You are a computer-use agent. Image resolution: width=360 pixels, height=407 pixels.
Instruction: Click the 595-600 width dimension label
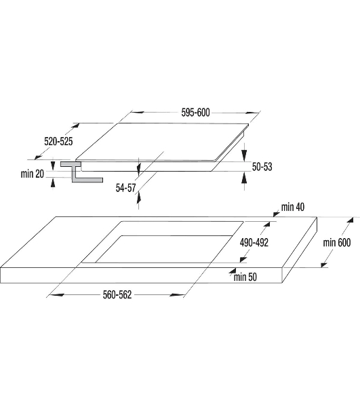tap(195, 113)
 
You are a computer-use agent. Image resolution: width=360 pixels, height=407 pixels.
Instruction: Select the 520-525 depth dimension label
tap(58, 142)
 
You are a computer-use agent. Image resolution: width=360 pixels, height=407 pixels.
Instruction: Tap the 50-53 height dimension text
tap(262, 167)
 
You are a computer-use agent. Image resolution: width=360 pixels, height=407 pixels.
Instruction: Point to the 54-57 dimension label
tap(126, 188)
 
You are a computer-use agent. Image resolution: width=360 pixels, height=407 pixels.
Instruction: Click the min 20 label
tap(33, 174)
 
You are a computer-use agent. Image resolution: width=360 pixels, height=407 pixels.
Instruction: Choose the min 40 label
tap(293, 207)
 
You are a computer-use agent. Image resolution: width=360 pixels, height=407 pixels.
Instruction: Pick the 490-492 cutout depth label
tap(254, 242)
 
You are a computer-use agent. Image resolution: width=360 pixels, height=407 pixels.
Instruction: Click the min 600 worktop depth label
tap(337, 242)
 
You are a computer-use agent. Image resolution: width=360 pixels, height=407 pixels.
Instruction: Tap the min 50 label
tap(245, 277)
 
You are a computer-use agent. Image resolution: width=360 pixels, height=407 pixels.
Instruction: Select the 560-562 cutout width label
tap(117, 294)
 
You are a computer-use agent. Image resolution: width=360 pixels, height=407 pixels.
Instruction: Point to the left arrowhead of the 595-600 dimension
tap(138, 113)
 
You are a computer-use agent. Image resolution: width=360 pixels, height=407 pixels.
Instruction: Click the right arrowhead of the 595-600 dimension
tap(252, 113)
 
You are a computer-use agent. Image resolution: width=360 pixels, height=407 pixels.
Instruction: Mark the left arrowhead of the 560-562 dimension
tap(56, 294)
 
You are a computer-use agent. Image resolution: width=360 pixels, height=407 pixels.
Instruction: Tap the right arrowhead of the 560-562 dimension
tap(176, 294)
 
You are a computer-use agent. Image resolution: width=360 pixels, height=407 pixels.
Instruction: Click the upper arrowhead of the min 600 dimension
tap(350, 220)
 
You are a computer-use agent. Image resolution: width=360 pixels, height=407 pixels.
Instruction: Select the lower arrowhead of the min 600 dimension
tap(323, 265)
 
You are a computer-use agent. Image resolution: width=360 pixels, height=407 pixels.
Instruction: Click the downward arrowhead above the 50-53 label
tap(244, 155)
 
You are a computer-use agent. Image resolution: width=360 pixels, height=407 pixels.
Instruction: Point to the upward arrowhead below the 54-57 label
tap(139, 197)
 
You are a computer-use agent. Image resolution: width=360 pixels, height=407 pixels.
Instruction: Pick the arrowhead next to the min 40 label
tap(277, 214)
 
